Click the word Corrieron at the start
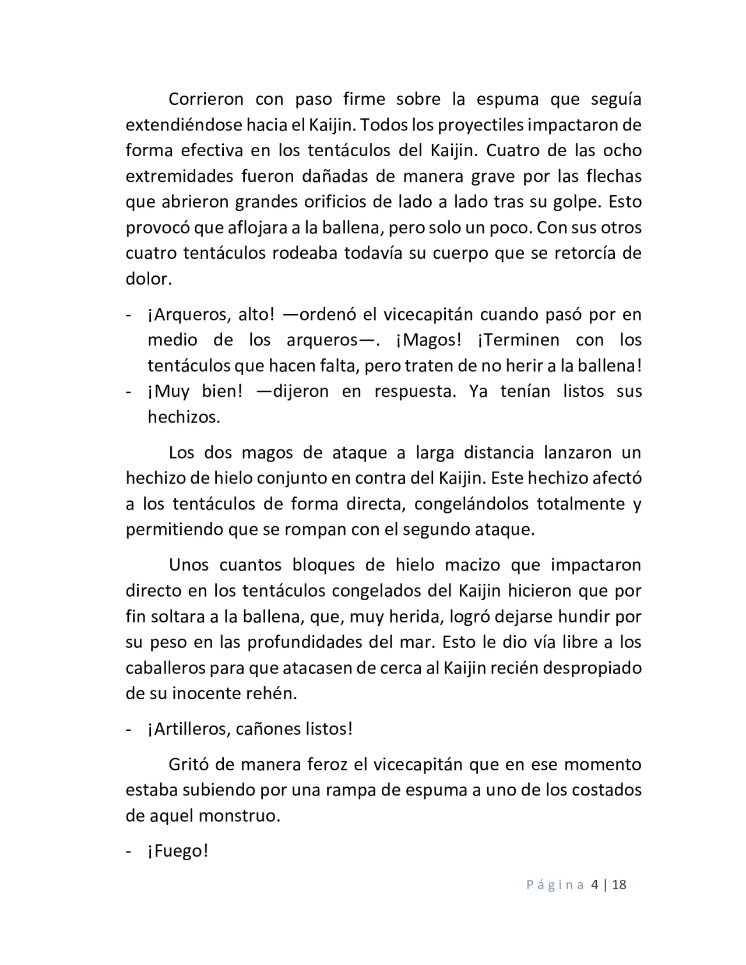coord(206,99)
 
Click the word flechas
coord(614,176)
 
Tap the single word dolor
coord(149,279)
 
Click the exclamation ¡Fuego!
coord(178,851)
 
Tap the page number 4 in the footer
coord(594,885)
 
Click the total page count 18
coord(619,885)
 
